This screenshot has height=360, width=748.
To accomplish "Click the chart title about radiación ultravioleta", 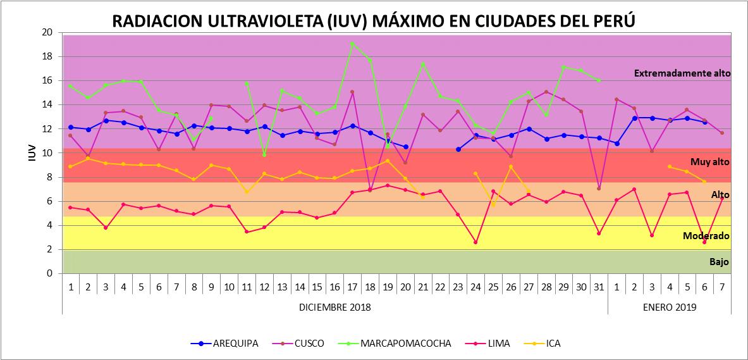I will (373, 21).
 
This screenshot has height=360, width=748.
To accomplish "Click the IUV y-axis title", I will (32, 153).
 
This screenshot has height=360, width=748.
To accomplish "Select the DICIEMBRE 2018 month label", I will (334, 307).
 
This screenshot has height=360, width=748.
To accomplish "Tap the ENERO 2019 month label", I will (670, 307).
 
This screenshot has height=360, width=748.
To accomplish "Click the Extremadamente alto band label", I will (682, 73).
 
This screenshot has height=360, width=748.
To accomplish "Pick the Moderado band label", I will (706, 236).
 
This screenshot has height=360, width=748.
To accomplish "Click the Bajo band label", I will (719, 261).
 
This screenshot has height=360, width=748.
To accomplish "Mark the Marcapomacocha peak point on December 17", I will (352, 44).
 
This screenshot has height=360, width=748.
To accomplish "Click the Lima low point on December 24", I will (475, 242).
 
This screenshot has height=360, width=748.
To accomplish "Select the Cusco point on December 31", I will (599, 188).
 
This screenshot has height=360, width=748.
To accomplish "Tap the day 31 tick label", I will (599, 286).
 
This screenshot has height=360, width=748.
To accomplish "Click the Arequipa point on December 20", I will (405, 147).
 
